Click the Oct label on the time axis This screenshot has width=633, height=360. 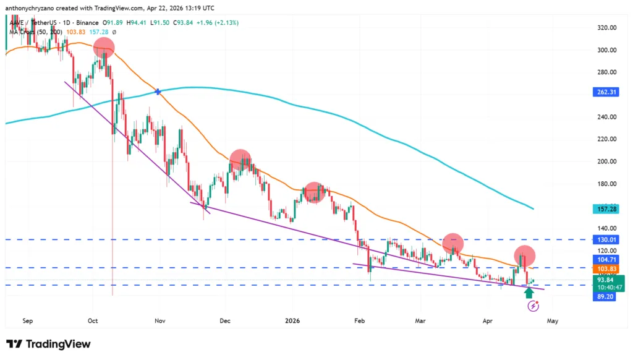93,321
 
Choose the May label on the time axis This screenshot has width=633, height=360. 553,321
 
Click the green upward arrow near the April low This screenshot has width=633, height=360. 529,291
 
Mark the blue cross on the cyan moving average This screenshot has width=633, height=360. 158,92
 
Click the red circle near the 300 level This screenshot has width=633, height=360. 104,48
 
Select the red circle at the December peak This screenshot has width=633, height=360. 240,160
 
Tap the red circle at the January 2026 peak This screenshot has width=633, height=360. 315,192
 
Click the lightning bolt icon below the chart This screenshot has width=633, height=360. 533,306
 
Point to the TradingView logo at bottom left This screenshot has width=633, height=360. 49,344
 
